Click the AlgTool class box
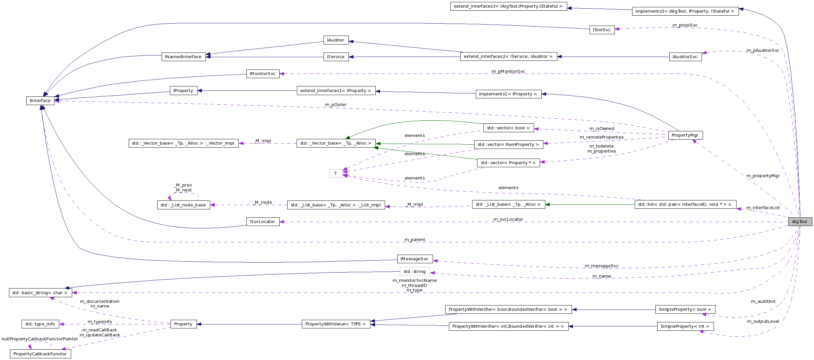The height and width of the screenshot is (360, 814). (x=800, y=222)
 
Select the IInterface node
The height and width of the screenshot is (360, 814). (x=40, y=101)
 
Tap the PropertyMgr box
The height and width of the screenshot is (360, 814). (x=685, y=135)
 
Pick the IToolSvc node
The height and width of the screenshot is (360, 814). (x=602, y=30)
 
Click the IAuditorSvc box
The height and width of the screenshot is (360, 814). (x=685, y=57)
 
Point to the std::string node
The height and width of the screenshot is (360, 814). (x=415, y=272)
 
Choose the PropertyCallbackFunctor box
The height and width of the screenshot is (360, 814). (x=40, y=354)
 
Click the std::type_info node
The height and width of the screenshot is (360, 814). (x=40, y=324)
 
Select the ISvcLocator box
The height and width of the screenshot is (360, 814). (x=263, y=222)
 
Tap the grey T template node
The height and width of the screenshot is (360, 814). (x=336, y=174)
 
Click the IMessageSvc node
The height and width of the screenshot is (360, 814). (x=415, y=259)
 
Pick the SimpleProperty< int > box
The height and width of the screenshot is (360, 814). (x=685, y=326)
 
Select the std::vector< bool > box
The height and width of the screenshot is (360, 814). (x=508, y=128)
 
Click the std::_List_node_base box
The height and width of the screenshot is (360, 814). (x=183, y=205)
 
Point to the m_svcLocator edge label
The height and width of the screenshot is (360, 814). (x=508, y=219)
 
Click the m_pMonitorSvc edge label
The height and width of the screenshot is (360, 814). (x=508, y=71)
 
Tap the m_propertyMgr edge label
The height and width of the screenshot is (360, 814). (x=763, y=176)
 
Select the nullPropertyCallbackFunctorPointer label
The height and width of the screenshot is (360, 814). (x=40, y=339)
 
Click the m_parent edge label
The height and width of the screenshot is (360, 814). (x=415, y=240)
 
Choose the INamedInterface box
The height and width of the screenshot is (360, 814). (x=183, y=57)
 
